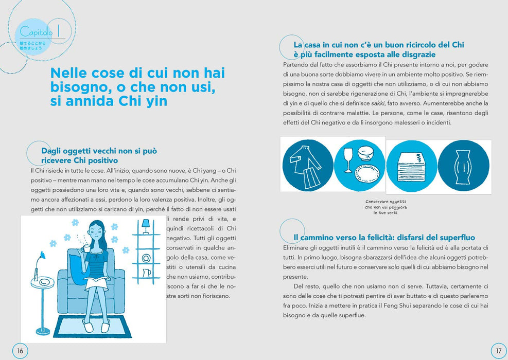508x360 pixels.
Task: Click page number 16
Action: (x=20, y=351)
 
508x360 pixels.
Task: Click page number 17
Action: (x=499, y=351)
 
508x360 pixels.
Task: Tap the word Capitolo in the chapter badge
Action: (x=36, y=32)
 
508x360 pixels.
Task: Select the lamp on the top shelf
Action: (x=146, y=226)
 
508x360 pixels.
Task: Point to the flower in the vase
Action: (x=41, y=256)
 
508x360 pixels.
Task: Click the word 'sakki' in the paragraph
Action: (x=378, y=103)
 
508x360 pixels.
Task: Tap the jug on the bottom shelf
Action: (x=146, y=273)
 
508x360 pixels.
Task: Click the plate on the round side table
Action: (x=44, y=282)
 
